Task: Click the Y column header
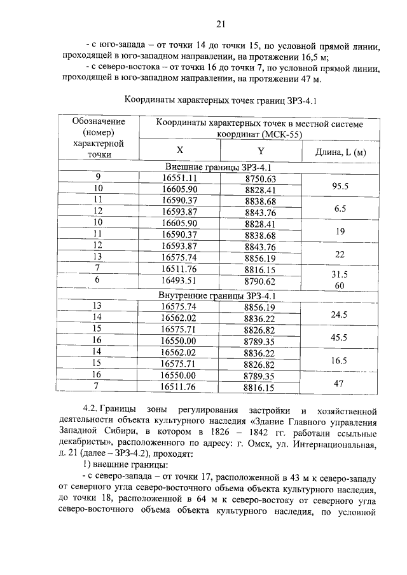click(x=261, y=151)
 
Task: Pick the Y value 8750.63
click(x=261, y=179)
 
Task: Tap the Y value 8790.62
click(x=261, y=280)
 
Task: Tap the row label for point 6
click(x=98, y=280)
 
